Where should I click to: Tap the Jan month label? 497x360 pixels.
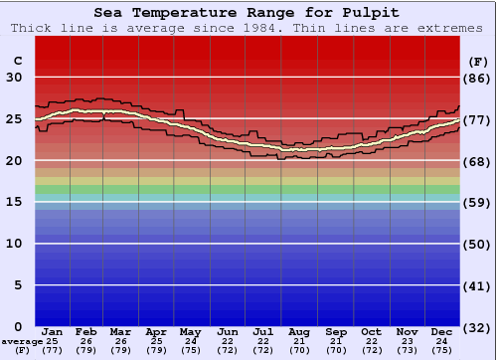(x=53, y=331)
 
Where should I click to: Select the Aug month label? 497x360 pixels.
(x=299, y=331)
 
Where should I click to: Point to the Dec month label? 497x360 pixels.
(x=443, y=331)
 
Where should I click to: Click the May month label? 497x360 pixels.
(x=190, y=331)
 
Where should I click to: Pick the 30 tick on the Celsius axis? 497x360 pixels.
(x=15, y=78)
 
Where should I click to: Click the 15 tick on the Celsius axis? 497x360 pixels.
(x=15, y=202)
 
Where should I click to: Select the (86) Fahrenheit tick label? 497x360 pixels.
(x=478, y=78)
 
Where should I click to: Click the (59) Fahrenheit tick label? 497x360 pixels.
(x=478, y=202)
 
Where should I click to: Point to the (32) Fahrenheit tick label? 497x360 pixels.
(x=478, y=327)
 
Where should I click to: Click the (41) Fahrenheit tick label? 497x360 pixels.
(x=478, y=285)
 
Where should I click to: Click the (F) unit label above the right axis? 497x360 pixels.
(x=478, y=61)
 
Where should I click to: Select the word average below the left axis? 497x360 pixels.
(x=22, y=341)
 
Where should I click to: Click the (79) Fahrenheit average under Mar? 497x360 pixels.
(x=121, y=350)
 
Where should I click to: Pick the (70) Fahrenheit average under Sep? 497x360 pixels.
(x=336, y=350)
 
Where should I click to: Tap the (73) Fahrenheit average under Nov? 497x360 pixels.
(x=408, y=350)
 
